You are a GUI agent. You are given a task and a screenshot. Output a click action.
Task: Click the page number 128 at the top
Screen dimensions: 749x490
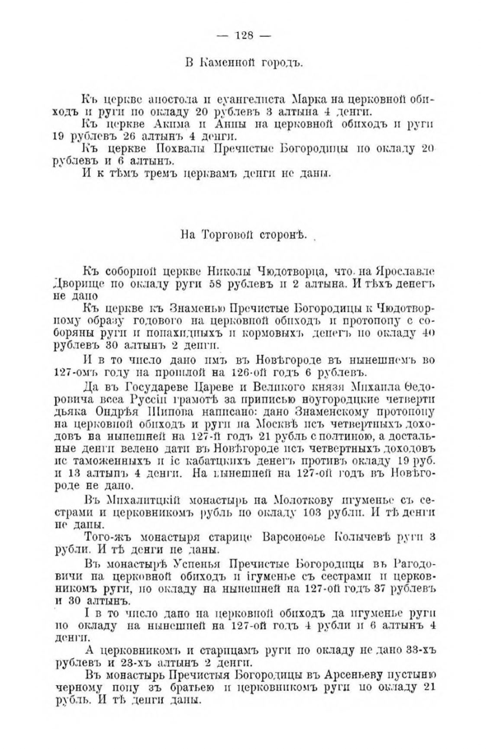pos(244,36)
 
